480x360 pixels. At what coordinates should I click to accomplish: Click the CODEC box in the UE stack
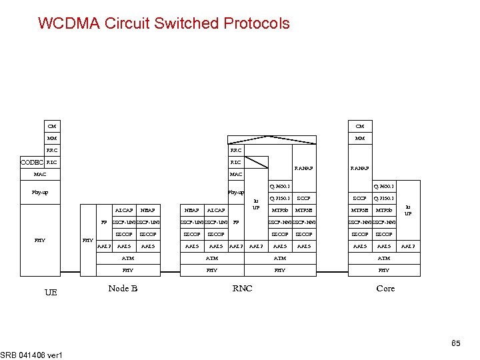(33, 162)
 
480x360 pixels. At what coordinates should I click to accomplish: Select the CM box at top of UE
(52, 126)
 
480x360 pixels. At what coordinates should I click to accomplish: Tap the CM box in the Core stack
(360, 126)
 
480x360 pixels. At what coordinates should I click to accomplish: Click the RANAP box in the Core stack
(360, 168)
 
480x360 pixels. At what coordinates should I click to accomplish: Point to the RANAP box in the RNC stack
(303, 168)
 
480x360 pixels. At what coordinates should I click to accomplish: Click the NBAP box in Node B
(148, 210)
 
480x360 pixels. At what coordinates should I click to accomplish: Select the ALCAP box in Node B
(123, 210)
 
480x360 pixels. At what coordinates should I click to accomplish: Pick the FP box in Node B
(104, 222)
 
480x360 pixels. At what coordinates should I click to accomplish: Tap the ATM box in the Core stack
(384, 258)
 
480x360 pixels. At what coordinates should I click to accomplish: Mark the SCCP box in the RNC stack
(303, 198)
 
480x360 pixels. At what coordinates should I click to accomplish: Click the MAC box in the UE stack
(40, 174)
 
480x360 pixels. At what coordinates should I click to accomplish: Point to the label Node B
(123, 288)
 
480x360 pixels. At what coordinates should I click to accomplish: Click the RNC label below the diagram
(242, 288)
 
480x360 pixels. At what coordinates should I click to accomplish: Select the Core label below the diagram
(385, 288)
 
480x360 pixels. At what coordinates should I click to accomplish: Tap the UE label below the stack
(51, 292)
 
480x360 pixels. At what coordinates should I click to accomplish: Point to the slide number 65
(456, 343)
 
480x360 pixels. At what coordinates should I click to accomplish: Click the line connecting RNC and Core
(332, 271)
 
